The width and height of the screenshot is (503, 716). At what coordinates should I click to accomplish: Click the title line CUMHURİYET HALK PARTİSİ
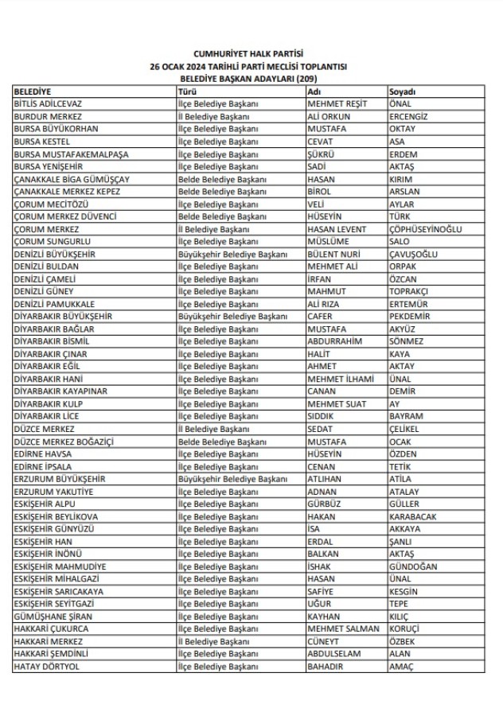(252, 54)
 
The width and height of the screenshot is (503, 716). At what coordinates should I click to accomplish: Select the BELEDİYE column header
(33, 91)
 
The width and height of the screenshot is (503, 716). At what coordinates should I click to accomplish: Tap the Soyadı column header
(403, 91)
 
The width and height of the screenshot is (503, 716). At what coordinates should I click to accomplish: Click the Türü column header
(187, 91)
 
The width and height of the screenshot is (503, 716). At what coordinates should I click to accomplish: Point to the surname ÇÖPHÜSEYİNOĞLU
(426, 228)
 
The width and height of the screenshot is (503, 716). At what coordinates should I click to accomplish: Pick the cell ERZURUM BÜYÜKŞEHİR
(59, 479)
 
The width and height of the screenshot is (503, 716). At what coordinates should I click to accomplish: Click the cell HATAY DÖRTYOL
(47, 666)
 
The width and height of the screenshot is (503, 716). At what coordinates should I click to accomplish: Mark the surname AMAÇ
(401, 666)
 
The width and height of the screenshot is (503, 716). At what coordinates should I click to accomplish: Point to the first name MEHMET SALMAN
(343, 628)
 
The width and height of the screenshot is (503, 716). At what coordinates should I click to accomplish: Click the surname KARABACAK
(413, 516)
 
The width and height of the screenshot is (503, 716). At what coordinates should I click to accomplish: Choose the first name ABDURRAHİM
(335, 340)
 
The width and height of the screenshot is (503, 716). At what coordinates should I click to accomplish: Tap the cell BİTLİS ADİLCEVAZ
(49, 103)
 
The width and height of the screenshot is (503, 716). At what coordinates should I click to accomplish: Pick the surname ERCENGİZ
(408, 116)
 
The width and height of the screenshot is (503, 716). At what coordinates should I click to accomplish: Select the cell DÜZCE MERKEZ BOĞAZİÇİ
(64, 442)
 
